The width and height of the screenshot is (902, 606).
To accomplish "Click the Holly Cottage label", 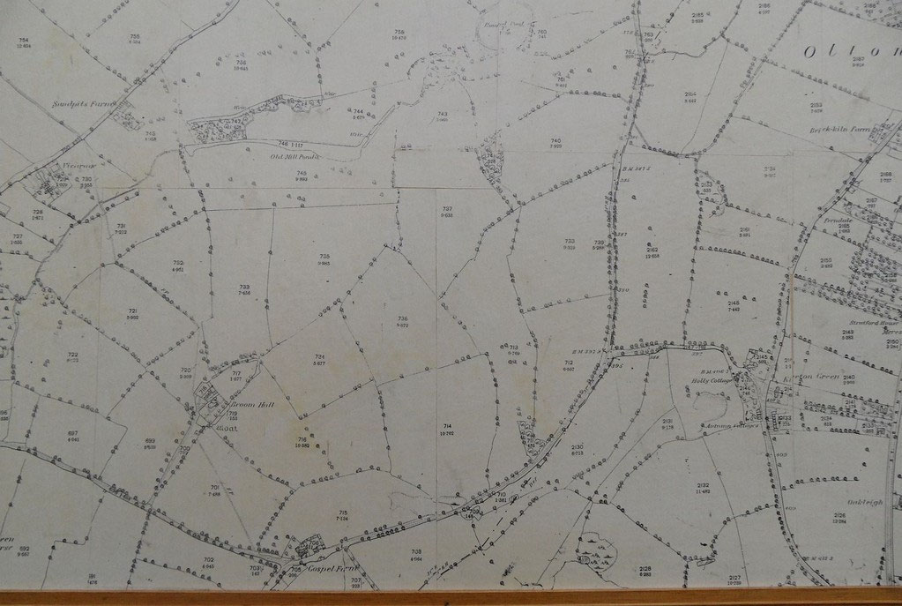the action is [704, 382].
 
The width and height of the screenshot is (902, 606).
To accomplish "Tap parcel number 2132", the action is [703, 486].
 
